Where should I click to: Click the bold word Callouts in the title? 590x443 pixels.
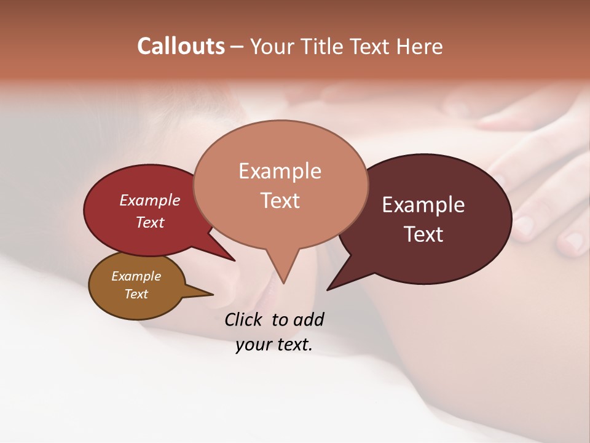point(181,46)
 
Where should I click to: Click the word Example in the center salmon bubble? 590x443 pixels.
point(280,171)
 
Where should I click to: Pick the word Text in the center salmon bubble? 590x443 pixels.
point(280,201)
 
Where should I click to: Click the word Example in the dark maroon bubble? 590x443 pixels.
point(423,205)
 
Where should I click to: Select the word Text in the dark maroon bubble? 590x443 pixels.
point(423,234)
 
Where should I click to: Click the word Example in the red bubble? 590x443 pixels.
point(150,201)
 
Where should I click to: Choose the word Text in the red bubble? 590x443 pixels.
point(150,222)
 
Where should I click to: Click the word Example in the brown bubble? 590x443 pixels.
point(136,276)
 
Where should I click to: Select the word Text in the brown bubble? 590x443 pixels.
point(136,294)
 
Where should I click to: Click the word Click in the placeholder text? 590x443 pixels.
point(245,319)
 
